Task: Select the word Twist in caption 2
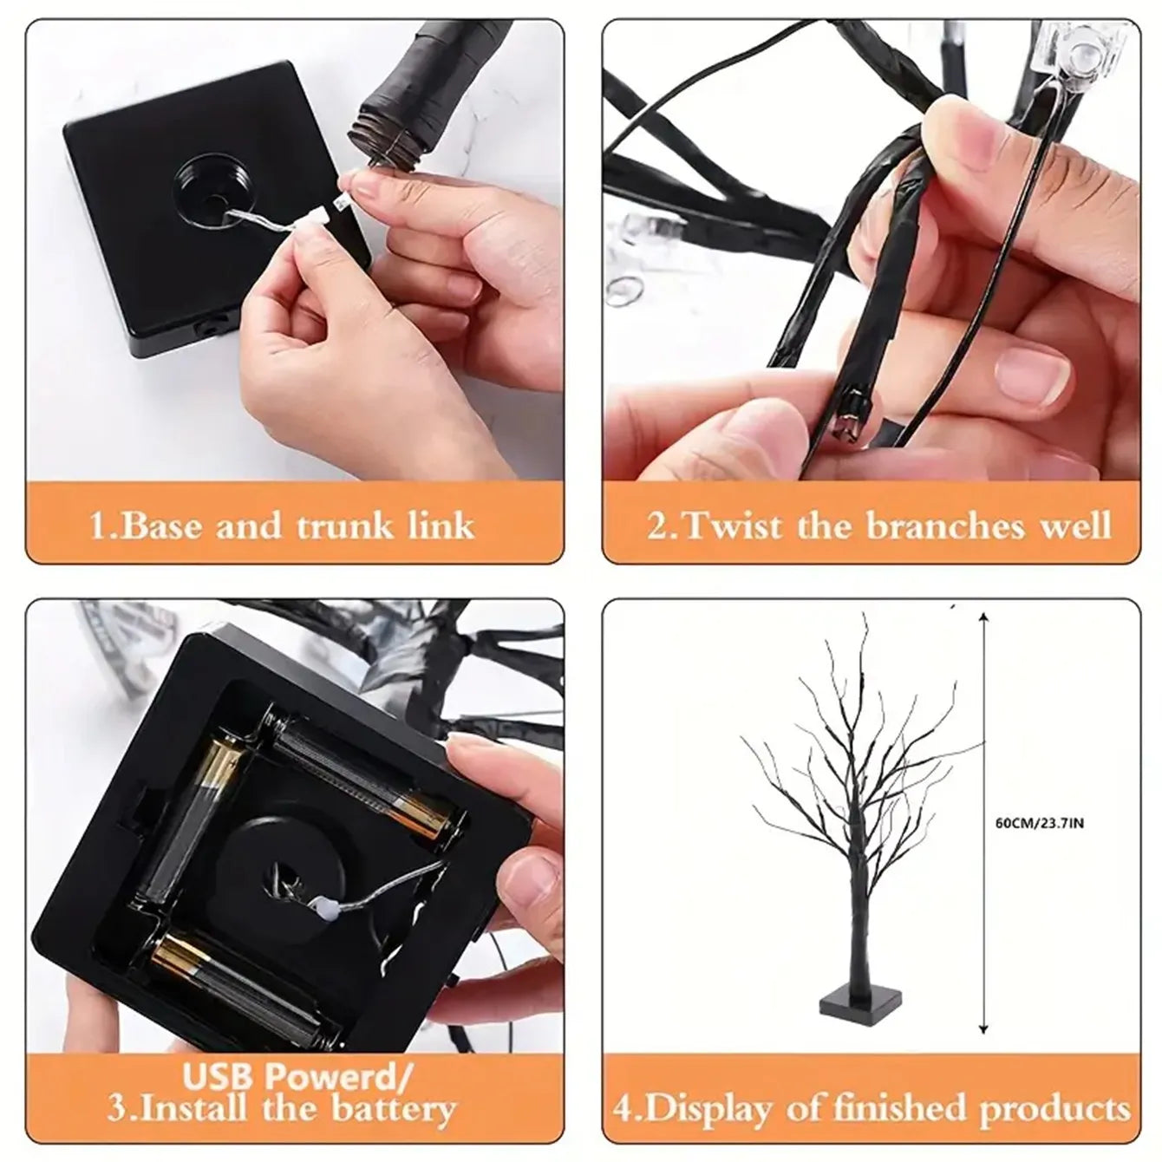tap(731, 526)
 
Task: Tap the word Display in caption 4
tap(708, 1108)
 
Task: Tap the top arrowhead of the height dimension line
tap(982, 618)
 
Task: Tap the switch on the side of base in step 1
tap(207, 329)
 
